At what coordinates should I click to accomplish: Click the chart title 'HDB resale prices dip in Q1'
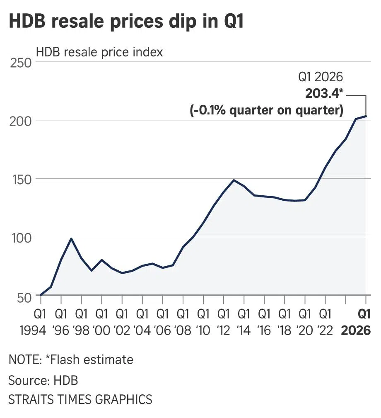click(x=126, y=22)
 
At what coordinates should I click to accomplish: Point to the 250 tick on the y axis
click(x=20, y=63)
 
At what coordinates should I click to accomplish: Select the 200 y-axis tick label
click(x=20, y=121)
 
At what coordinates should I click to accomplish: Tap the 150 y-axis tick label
click(x=20, y=179)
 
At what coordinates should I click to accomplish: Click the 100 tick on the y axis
click(x=20, y=238)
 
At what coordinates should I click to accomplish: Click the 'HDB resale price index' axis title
click(x=99, y=53)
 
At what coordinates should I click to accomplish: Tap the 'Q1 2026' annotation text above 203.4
click(x=321, y=78)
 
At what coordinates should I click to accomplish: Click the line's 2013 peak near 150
click(x=234, y=180)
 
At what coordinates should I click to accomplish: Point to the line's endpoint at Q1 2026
click(x=366, y=116)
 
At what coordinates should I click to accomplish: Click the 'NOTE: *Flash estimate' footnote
click(x=71, y=359)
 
